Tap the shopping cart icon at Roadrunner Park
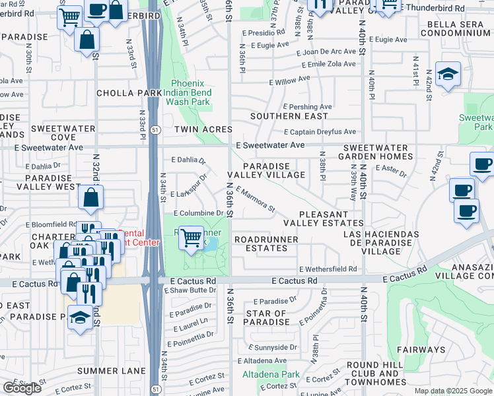pos(192,238)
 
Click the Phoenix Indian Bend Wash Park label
pos(190,92)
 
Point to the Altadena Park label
pos(271,374)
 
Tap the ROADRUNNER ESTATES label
pos(265,244)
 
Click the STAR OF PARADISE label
pos(267,317)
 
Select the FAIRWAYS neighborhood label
pos(421,349)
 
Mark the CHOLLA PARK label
pos(129,93)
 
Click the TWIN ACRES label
pos(203,129)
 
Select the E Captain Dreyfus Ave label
pos(320,131)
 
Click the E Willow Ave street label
pos(289,80)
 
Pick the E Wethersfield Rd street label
pos(328,269)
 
